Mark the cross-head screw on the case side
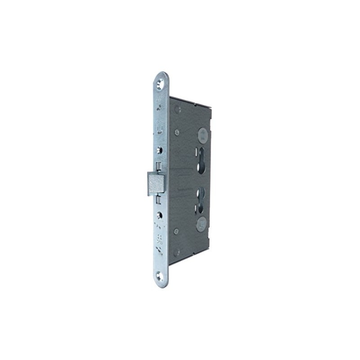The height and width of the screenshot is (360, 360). click(177, 132)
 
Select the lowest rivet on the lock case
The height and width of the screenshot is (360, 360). click(177, 254)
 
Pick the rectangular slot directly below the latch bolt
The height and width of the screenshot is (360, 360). click(159, 198)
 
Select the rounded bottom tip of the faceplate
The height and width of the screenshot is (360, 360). click(161, 286)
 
